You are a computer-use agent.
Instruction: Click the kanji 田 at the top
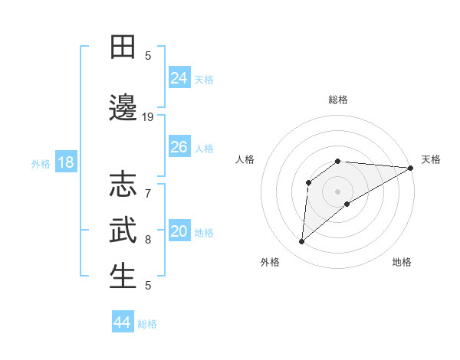[123, 47]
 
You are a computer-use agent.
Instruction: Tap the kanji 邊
[123, 107]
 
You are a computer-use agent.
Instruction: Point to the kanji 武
[123, 230]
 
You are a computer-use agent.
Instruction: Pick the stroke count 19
[148, 116]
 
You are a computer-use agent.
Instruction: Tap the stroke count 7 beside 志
[148, 185]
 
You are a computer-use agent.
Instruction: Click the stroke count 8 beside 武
[148, 239]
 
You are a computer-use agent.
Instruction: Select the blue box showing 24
[179, 77]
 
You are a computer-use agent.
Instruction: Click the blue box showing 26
[179, 146]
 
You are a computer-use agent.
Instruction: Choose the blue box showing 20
[179, 231]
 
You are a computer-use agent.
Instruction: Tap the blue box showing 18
[65, 162]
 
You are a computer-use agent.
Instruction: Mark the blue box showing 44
[123, 322]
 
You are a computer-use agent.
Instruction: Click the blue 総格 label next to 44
[148, 324]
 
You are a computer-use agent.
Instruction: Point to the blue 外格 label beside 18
[41, 163]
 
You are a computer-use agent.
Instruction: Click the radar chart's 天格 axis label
[431, 159]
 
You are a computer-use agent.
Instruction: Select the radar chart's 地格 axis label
[402, 262]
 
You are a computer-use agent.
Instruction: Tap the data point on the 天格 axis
[411, 168]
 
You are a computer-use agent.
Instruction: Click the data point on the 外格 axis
[301, 242]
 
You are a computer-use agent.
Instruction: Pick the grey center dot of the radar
[337, 191]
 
